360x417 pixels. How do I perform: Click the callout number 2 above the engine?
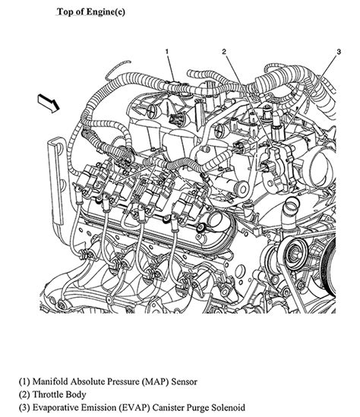225,51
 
